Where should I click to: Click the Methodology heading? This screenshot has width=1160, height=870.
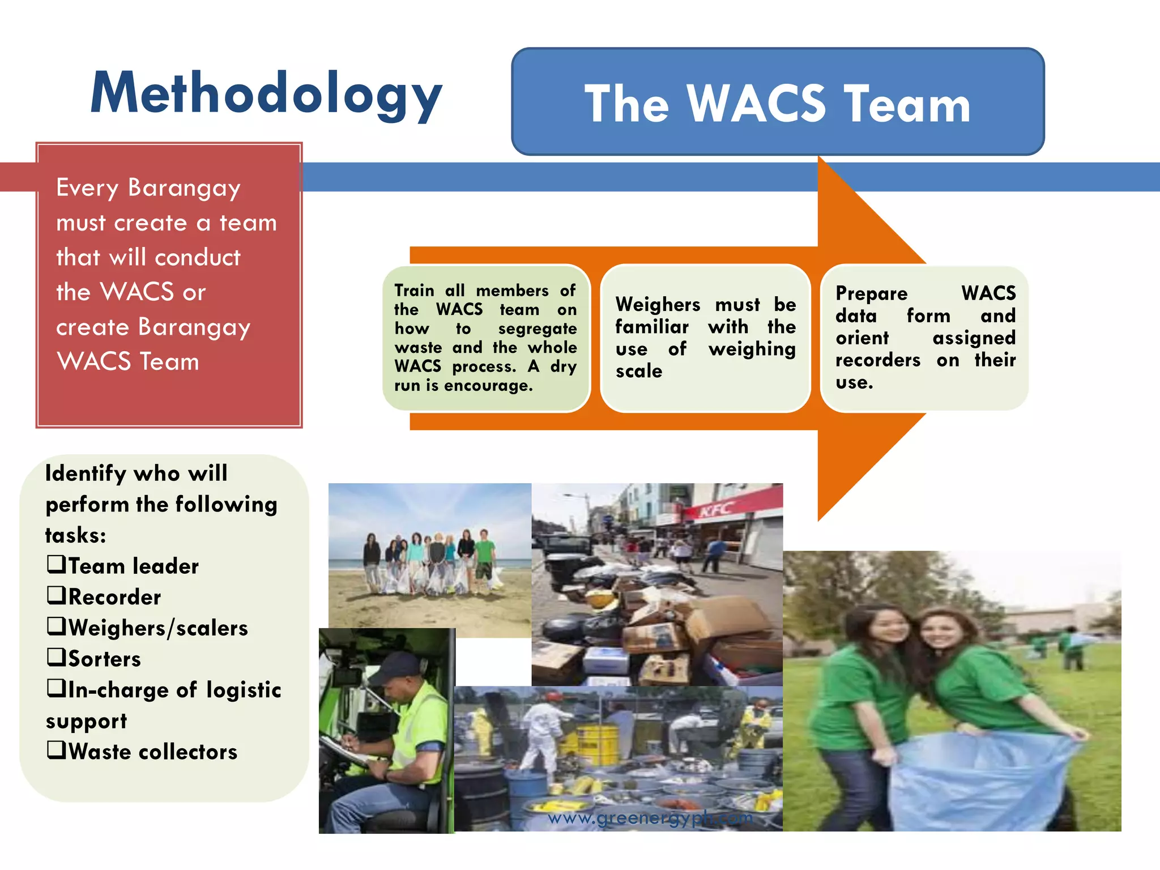pyautogui.click(x=266, y=94)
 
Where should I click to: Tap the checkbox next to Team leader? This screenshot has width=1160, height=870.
pyautogui.click(x=56, y=564)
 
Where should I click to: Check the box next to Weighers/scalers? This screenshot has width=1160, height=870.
pyautogui.click(x=56, y=626)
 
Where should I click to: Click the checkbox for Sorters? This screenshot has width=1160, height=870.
pyautogui.click(x=56, y=657)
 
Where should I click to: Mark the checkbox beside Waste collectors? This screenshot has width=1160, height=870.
pyautogui.click(x=56, y=750)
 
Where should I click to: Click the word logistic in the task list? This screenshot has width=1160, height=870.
pyautogui.click(x=244, y=690)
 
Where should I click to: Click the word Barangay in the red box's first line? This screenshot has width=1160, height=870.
pyautogui.click(x=184, y=188)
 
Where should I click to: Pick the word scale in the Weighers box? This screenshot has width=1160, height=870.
pyautogui.click(x=639, y=371)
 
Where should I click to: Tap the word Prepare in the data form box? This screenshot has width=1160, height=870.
pyautogui.click(x=871, y=293)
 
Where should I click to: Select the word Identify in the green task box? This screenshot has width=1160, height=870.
pyautogui.click(x=86, y=474)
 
